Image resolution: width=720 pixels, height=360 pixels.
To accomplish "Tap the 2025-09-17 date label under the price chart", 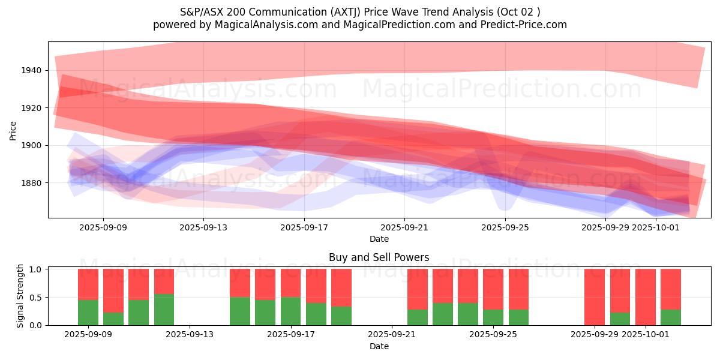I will [x=304, y=227].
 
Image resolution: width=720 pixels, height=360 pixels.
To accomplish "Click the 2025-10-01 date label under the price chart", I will [x=657, y=227].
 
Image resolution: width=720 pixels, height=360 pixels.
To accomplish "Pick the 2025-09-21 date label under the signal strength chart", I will [x=392, y=334].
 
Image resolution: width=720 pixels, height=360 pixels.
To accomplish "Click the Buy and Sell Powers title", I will [x=379, y=257].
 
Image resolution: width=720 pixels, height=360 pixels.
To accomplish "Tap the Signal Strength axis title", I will [x=20, y=295].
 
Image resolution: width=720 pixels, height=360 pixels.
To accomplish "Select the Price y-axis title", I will [x=13, y=130].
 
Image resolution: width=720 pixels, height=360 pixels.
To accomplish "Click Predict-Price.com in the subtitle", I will [x=526, y=25].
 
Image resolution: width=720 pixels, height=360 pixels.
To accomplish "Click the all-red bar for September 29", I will [x=595, y=297].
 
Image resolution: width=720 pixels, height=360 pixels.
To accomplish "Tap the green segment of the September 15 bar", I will [x=240, y=311].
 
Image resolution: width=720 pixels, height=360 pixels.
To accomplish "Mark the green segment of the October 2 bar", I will [x=671, y=317].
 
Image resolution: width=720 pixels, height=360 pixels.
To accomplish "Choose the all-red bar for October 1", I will [x=646, y=297].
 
